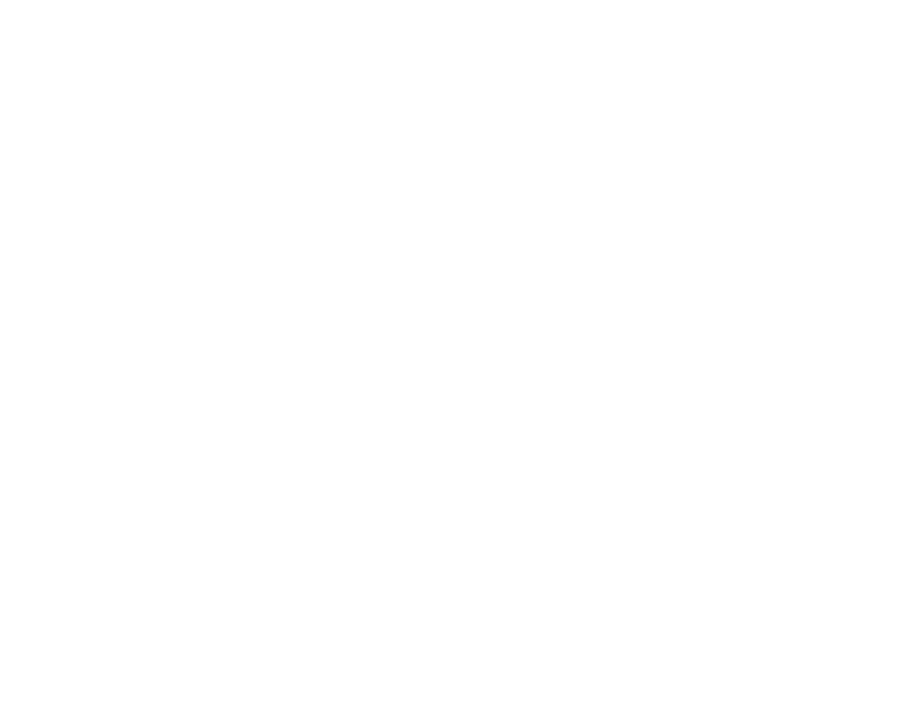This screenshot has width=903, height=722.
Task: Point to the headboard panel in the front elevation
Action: (246, 178)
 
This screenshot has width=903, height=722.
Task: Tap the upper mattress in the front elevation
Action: (246, 240)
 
